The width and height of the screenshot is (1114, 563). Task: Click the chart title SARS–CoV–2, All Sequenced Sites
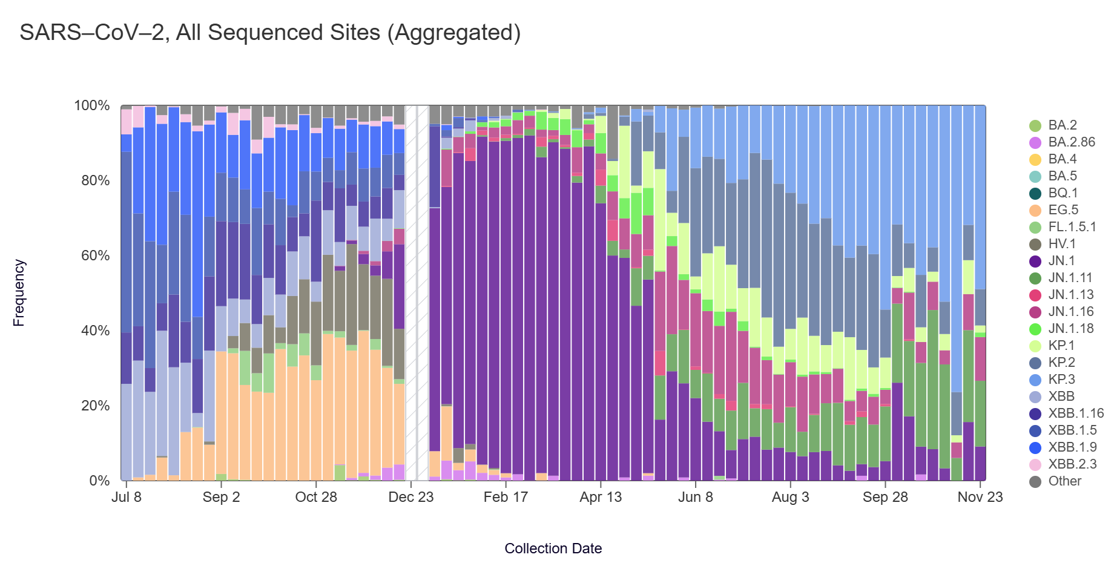pyautogui.click(x=270, y=33)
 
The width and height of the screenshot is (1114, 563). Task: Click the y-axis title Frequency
pyautogui.click(x=19, y=293)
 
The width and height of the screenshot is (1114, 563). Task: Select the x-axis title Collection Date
pyautogui.click(x=553, y=548)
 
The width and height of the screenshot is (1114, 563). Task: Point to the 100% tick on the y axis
pyautogui.click(x=92, y=106)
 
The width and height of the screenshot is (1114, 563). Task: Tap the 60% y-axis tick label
pyautogui.click(x=95, y=255)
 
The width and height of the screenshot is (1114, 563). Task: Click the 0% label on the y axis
pyautogui.click(x=99, y=481)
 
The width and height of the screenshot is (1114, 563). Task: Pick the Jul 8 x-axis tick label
pyautogui.click(x=127, y=497)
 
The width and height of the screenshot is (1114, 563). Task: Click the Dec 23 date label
pyautogui.click(x=411, y=497)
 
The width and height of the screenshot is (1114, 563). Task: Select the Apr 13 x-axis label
pyautogui.click(x=601, y=497)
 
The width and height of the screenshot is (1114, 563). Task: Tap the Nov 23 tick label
pyautogui.click(x=980, y=497)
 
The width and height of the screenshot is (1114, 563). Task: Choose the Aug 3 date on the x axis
pyautogui.click(x=790, y=497)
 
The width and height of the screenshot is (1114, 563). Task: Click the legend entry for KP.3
pyautogui.click(x=1061, y=380)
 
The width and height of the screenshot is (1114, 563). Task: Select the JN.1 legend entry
pyautogui.click(x=1061, y=261)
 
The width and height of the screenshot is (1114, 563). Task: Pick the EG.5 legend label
pyautogui.click(x=1063, y=210)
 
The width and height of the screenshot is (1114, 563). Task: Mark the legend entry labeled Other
pyautogui.click(x=1064, y=481)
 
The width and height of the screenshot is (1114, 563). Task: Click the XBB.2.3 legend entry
pyautogui.click(x=1072, y=464)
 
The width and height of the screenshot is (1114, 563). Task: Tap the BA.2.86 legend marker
pyautogui.click(x=1035, y=142)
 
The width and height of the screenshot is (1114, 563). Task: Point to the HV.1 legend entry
pyautogui.click(x=1061, y=244)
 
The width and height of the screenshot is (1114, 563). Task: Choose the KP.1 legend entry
pyautogui.click(x=1061, y=346)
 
